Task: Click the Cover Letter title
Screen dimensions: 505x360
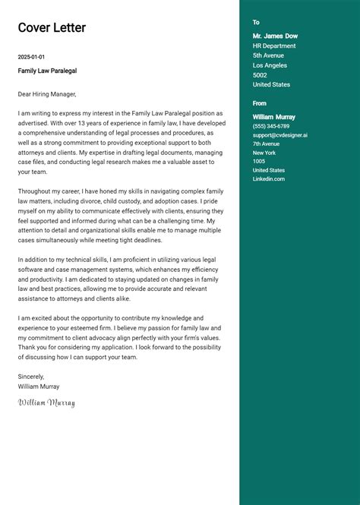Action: point(52,28)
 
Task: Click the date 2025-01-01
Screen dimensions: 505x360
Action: point(32,57)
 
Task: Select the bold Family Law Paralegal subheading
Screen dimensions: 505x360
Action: point(47,71)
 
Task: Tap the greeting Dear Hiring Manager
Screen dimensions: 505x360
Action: point(47,94)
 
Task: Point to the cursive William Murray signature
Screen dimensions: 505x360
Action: point(46,402)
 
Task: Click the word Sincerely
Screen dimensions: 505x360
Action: point(32,377)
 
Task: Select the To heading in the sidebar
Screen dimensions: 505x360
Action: point(257,23)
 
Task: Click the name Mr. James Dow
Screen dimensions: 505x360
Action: point(275,36)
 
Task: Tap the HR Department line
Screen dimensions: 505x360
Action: point(274,46)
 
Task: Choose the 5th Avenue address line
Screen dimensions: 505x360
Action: point(268,55)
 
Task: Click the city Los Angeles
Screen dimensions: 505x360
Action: point(270,65)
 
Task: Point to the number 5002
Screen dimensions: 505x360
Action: point(260,75)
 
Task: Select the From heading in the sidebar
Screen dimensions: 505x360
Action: point(260,103)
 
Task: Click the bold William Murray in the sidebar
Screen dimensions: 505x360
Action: point(274,117)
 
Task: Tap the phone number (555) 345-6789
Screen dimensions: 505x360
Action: point(271,126)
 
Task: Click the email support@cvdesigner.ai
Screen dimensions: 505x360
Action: point(280,135)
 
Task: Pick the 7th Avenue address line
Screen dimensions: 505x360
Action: point(267,144)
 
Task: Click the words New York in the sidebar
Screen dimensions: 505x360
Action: point(264,153)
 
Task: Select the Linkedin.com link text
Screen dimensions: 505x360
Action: point(269,179)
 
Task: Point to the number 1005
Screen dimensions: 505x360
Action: point(259,161)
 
